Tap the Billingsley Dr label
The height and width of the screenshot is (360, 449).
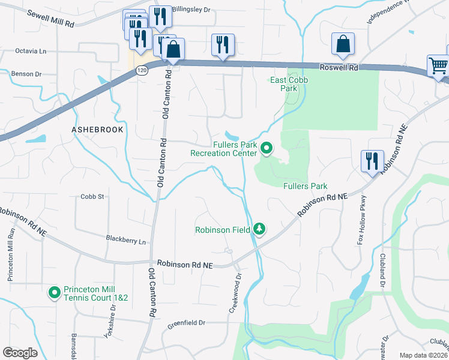pyautogui.click(x=191, y=10)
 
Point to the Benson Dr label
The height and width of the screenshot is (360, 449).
pyautogui.click(x=26, y=74)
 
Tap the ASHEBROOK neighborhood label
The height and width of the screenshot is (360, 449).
pyautogui.click(x=97, y=130)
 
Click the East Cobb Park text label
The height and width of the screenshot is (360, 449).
pyautogui.click(x=284, y=84)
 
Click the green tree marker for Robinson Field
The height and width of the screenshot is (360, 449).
pyautogui.click(x=259, y=229)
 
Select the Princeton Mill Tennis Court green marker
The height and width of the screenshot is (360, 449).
pyautogui.click(x=54, y=293)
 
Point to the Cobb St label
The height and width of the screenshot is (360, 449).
pyautogui.click(x=92, y=196)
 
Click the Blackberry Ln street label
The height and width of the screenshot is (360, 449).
pyautogui.click(x=126, y=241)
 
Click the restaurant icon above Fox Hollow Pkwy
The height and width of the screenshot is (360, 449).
pyautogui.click(x=372, y=161)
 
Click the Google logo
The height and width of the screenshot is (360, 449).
pyautogui.click(x=20, y=352)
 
